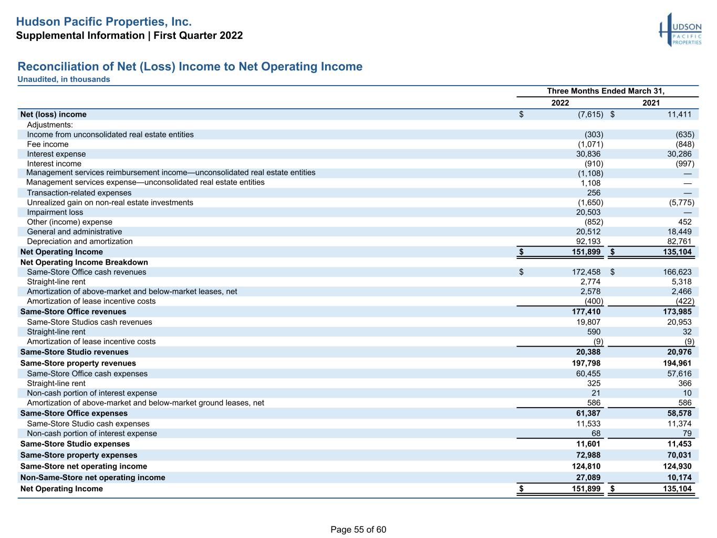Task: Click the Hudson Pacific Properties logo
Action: coord(680,30)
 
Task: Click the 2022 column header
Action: coord(560,103)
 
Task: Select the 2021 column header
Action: coord(651,103)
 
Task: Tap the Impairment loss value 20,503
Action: coord(588,212)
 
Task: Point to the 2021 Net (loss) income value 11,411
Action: coord(679,115)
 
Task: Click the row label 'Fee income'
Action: coord(48,144)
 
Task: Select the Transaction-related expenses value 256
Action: coord(594,193)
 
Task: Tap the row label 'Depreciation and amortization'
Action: coord(80,241)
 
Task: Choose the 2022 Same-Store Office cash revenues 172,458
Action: coord(586,272)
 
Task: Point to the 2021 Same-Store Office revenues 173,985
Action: coord(677,312)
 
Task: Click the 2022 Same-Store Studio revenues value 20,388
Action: coord(588,352)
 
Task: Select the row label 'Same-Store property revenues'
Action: coord(78,363)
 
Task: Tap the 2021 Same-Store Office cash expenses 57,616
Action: coord(679,374)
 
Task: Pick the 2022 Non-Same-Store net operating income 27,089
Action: coord(588,478)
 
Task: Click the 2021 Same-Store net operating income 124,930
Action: coord(677,466)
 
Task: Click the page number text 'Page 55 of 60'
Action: coord(358,530)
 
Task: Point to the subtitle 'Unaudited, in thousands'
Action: coord(64,79)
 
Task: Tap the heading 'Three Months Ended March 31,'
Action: coord(606,91)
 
